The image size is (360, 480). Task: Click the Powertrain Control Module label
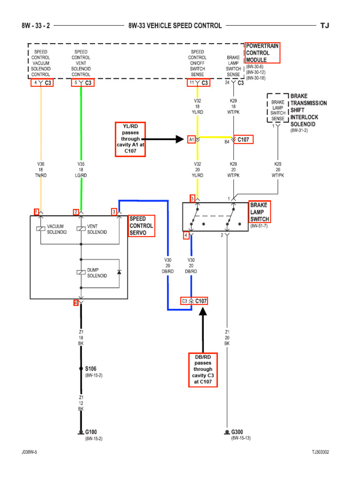pos(262,53)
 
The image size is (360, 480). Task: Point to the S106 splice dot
pos(82,369)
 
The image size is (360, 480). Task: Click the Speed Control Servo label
pos(141,225)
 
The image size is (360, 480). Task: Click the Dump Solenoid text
pos(97,272)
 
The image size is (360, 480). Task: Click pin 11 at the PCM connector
pos(191,83)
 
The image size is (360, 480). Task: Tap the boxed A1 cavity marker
pos(192,139)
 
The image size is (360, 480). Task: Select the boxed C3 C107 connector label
pos(195,301)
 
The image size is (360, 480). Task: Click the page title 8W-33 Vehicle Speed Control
pos(175,26)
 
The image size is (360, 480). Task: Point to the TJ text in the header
pos(325,26)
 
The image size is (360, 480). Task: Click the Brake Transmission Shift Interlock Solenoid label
pos(308,110)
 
